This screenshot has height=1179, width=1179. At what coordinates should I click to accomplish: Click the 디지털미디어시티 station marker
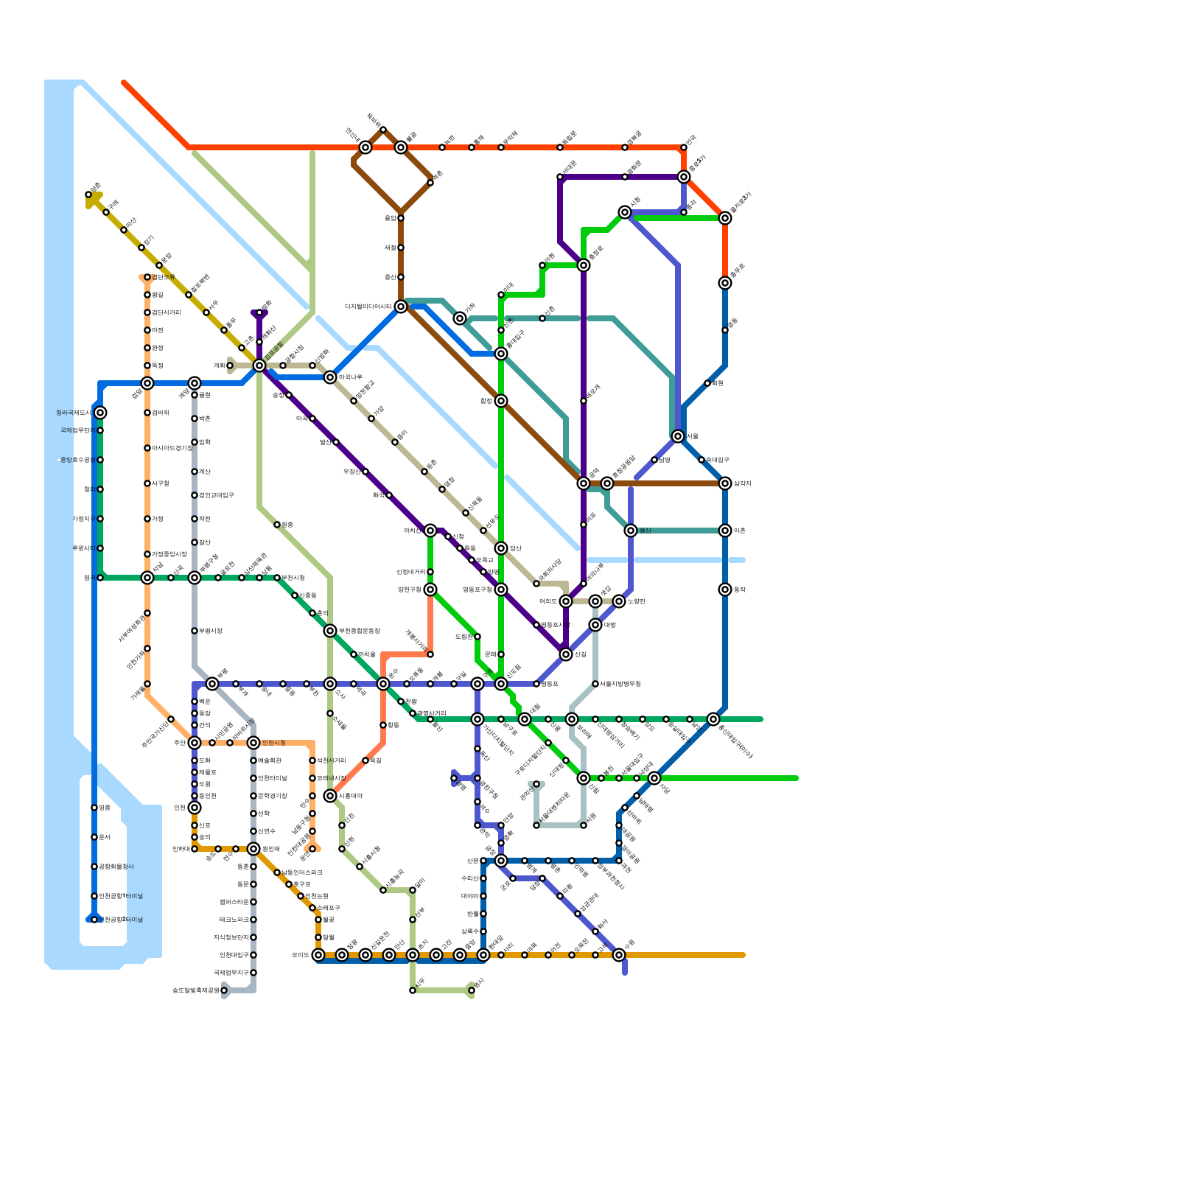tap(401, 307)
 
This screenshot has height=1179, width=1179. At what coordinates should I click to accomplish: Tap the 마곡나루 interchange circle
tap(330, 377)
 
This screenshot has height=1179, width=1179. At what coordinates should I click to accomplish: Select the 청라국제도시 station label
tap(73, 413)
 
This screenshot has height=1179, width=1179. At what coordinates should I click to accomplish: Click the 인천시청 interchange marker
tap(253, 743)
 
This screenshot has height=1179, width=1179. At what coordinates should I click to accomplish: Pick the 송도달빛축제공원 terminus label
tap(195, 990)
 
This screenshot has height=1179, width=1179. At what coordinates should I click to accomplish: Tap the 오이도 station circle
tap(318, 955)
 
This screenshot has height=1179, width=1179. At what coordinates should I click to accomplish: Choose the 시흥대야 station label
tap(351, 796)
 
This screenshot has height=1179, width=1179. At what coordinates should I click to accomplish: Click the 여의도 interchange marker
tap(566, 601)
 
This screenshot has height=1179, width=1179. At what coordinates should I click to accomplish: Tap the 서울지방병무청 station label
tap(620, 684)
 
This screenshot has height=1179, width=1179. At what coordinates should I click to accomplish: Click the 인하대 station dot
tap(195, 849)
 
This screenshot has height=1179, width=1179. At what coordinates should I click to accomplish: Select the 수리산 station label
tap(470, 878)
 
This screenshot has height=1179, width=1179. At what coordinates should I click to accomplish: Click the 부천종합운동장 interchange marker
tap(330, 631)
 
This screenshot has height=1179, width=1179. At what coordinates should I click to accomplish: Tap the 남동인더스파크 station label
tap(302, 872)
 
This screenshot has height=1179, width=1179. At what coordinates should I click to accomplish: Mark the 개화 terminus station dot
tap(230, 365)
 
